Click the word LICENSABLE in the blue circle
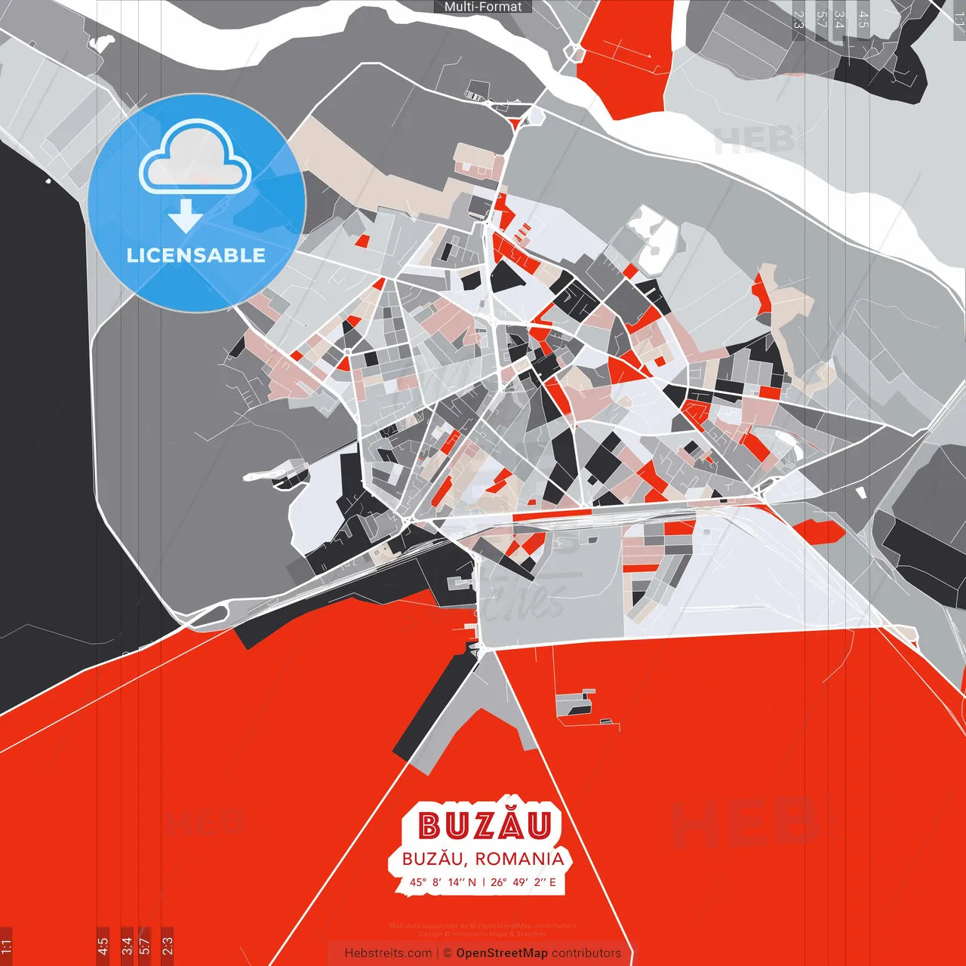pyautogui.click(x=195, y=255)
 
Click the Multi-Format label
pyautogui.click(x=483, y=7)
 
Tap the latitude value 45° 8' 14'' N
pyautogui.click(x=443, y=881)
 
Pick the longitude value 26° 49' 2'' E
pyautogui.click(x=524, y=881)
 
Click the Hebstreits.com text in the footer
pyautogui.click(x=388, y=953)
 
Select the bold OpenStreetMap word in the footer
pyautogui.click(x=502, y=953)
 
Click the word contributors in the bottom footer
pyautogui.click(x=586, y=953)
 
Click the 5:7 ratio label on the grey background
pyautogui.click(x=820, y=20)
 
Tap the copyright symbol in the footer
pyautogui.click(x=447, y=953)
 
